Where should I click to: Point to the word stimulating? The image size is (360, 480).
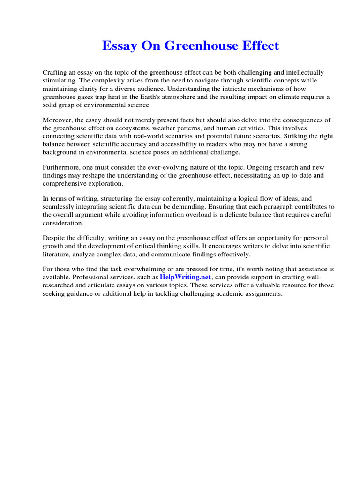point(60,80)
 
